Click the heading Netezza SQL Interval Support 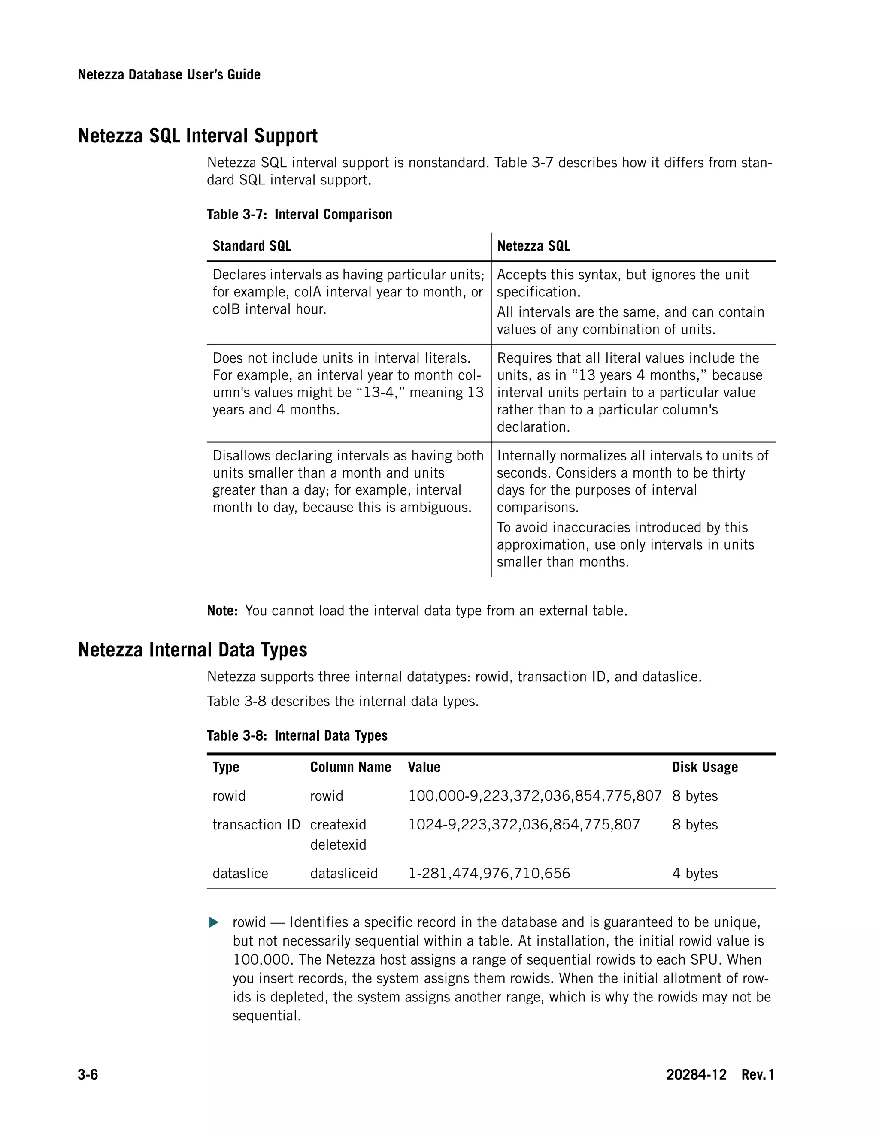coord(197,136)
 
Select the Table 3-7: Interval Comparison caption coord(300,215)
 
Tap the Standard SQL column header coord(252,246)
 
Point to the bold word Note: coord(222,611)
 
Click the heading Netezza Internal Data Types coord(192,650)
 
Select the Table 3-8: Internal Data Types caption coord(297,735)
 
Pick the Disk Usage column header coord(705,768)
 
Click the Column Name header coord(351,768)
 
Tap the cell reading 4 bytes coord(695,874)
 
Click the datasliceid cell coord(344,874)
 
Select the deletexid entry coord(338,844)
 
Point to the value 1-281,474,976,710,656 coord(489,874)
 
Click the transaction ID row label coord(256,825)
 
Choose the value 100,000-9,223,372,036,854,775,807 coord(535,796)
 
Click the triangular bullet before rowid coord(213,923)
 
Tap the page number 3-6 coord(88,1074)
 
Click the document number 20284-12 coord(696,1074)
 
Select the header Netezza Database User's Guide coord(169,75)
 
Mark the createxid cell coord(338,825)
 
